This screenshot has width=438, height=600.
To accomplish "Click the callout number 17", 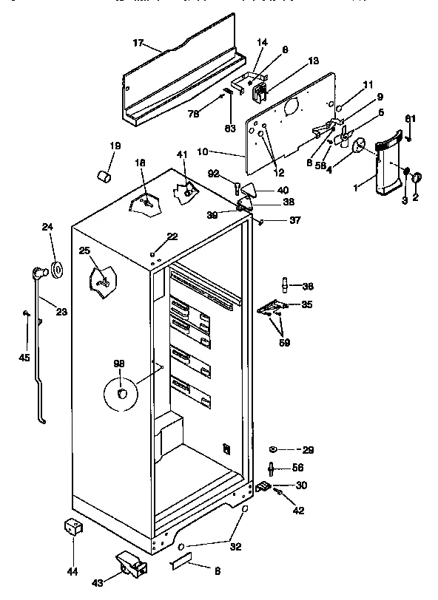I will (138, 44).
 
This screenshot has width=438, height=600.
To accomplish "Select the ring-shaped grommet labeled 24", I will (55, 267).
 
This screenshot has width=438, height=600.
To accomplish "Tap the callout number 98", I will (118, 364).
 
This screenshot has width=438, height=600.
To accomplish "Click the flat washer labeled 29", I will (273, 449).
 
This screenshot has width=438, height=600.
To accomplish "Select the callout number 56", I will (297, 467).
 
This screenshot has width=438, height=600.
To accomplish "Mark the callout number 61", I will (410, 119).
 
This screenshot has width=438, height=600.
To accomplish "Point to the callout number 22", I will (172, 236).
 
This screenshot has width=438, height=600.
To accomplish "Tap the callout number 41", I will (181, 154).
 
